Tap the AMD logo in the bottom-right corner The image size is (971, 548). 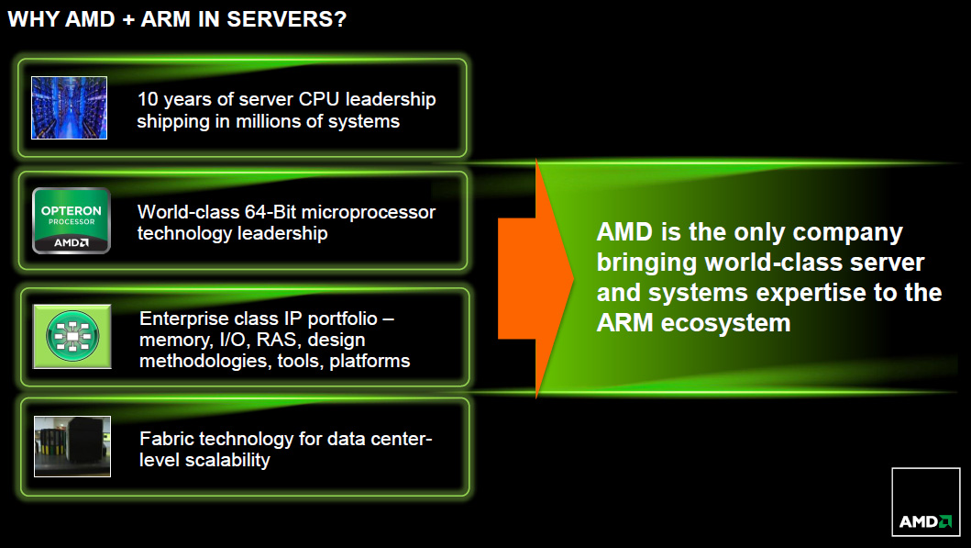click(926, 501)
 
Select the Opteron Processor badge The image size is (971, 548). click(72, 220)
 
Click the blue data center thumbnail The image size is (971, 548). click(70, 108)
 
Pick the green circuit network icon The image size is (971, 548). click(72, 337)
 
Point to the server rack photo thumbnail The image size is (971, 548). click(72, 446)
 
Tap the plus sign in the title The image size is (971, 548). click(128, 20)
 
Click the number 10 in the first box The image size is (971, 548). click(148, 99)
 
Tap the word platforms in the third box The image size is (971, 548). click(370, 362)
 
